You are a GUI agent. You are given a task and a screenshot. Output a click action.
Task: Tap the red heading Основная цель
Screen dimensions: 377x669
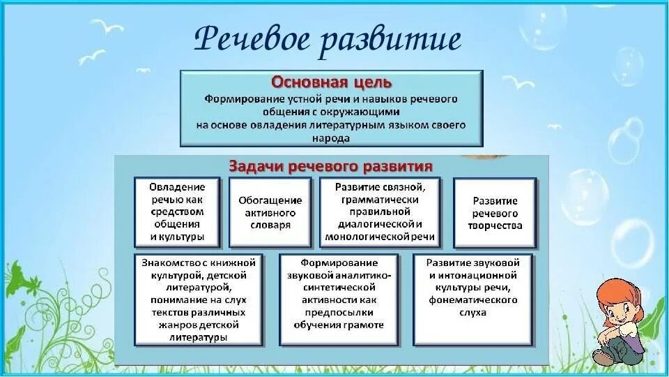331,82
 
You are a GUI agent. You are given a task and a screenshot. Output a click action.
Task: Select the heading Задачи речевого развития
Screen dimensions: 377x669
331,167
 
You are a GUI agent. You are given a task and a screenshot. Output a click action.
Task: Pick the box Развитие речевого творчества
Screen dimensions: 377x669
495,212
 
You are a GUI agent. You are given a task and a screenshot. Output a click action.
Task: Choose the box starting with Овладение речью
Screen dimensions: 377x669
177,212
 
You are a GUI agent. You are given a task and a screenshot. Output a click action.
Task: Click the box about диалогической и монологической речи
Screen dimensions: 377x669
379,212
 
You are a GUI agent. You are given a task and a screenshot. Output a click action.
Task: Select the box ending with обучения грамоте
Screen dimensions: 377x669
339,300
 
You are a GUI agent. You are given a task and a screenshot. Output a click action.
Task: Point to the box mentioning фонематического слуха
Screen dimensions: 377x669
473,300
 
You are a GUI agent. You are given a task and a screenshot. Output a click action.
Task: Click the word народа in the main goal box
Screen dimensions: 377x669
331,138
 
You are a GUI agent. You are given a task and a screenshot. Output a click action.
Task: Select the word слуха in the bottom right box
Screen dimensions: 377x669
473,313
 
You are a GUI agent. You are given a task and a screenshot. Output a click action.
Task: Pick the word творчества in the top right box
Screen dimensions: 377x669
496,226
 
